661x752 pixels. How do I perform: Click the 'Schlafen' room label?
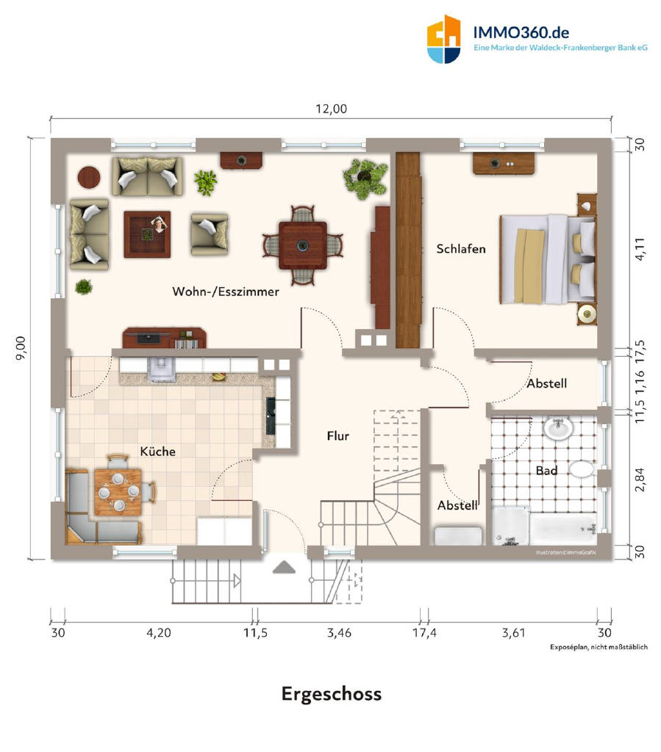[461, 249]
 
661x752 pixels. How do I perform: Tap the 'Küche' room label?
[157, 452]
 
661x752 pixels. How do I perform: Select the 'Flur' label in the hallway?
[338, 436]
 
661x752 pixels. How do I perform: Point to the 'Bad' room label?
[546, 471]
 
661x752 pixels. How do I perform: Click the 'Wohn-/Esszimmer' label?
[226, 292]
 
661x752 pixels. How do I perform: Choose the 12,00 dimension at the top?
[331, 109]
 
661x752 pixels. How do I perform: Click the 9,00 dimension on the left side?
[21, 347]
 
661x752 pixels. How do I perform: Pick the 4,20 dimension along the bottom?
[158, 633]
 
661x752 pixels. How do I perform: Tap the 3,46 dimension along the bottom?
[339, 633]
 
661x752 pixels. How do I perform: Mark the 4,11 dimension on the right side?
[640, 250]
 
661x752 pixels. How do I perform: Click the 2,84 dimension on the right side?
[640, 480]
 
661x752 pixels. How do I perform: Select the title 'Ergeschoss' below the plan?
[331, 694]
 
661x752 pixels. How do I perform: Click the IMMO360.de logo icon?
[443, 40]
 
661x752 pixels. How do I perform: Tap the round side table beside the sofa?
[89, 177]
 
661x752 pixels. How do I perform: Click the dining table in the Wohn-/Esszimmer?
[302, 245]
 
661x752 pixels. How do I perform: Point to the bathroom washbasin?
[558, 427]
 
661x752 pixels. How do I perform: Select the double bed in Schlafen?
[548, 259]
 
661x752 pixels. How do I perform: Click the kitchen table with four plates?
[118, 492]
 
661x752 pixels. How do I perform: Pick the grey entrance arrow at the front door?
[284, 568]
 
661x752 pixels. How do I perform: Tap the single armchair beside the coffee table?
[210, 234]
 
